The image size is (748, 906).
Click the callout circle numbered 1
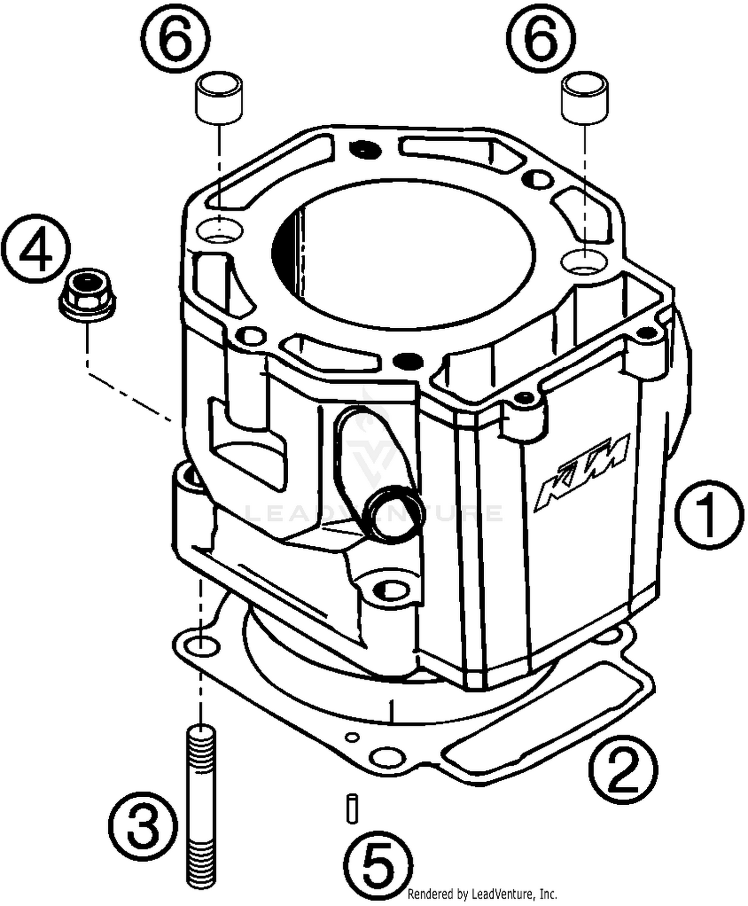click(709, 515)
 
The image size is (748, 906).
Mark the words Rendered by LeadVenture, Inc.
click(482, 894)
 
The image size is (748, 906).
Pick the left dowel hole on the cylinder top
click(219, 230)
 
